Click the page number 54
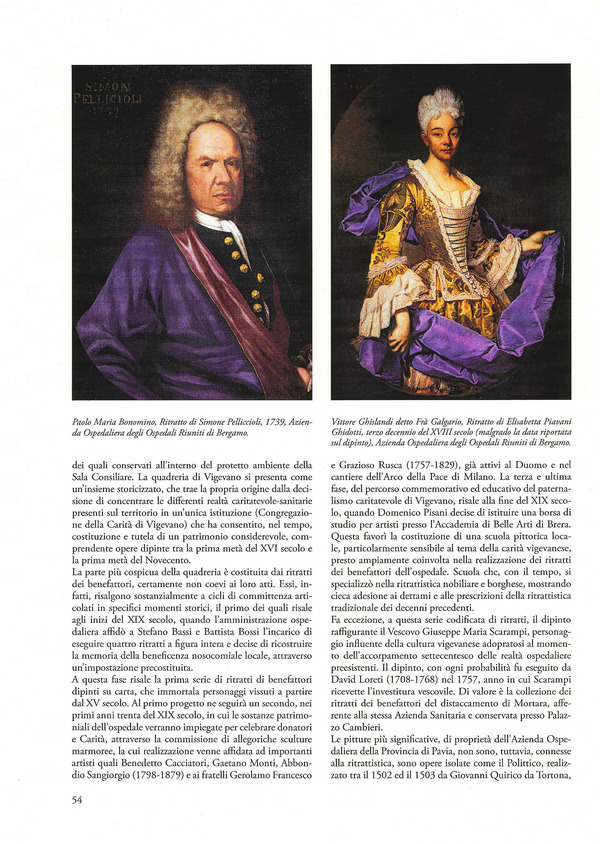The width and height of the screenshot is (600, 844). [x=77, y=799]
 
